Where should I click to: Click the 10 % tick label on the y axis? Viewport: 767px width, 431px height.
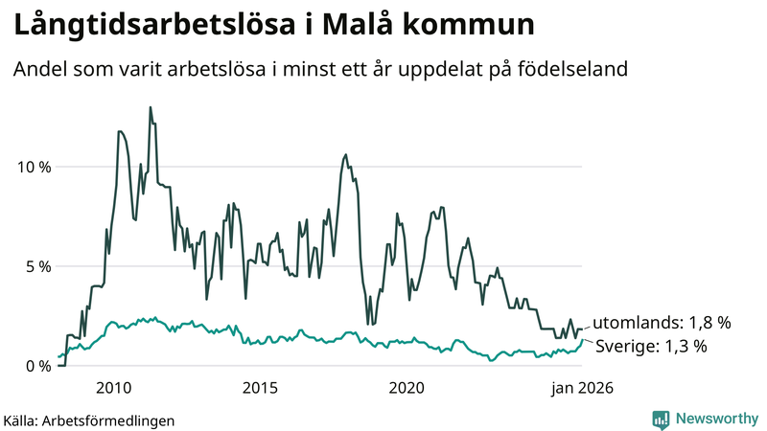[x=32, y=167]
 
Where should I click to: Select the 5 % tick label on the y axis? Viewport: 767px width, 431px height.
[x=36, y=266]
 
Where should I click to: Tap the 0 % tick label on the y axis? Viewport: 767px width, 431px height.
[x=36, y=366]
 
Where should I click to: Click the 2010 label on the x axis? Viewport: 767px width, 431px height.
[x=114, y=388]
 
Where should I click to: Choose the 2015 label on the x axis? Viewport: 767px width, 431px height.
[x=260, y=388]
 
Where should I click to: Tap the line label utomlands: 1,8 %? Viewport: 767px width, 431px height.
[x=661, y=323]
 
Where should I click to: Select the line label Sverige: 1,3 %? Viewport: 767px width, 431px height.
[x=651, y=347]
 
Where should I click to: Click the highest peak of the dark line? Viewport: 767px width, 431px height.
[x=151, y=107]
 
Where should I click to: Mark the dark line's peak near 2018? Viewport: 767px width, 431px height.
[x=346, y=155]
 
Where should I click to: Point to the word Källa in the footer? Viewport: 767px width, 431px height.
[x=21, y=420]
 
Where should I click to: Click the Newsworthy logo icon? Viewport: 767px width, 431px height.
[x=661, y=419]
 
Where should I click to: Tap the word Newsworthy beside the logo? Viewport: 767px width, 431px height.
[x=715, y=419]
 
